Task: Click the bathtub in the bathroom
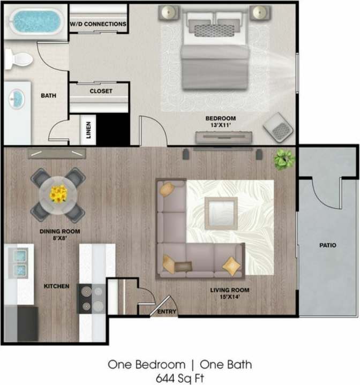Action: (35, 21)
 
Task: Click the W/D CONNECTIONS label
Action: (99, 24)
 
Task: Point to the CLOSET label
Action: (101, 91)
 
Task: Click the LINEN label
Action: (88, 130)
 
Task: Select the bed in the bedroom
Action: (214, 51)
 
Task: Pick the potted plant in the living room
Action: (284, 158)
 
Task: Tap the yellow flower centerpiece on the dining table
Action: (58, 193)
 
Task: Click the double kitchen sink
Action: (19, 262)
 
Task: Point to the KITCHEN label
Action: (56, 286)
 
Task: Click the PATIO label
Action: (327, 246)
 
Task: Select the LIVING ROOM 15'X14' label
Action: (230, 294)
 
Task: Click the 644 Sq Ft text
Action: (179, 378)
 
